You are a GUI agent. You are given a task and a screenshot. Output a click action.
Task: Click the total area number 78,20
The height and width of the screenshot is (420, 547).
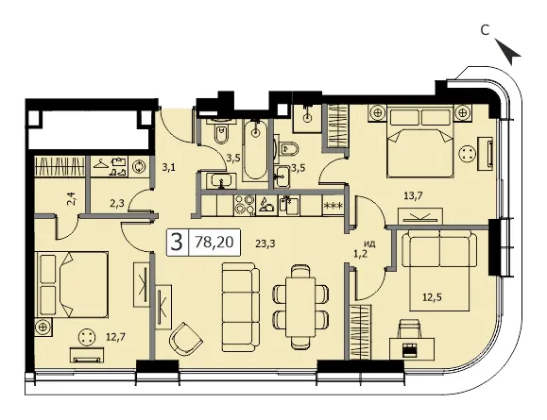pos(214,242)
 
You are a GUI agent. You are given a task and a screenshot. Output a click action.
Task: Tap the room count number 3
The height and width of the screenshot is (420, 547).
pos(178,243)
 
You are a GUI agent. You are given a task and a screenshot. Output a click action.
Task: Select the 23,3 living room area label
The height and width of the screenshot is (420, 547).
pos(265,244)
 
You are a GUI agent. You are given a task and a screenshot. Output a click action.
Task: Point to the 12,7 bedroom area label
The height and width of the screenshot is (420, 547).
pos(116,337)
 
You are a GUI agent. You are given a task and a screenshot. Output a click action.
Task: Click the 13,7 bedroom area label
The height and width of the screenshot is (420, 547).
pos(413,196)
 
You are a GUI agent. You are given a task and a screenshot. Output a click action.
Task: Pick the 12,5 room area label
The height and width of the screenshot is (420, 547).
pos(432,297)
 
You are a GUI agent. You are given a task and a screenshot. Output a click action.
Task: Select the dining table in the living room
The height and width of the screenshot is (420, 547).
pos(300,307)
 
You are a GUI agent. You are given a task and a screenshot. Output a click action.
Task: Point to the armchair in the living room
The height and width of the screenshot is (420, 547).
pos(185,339)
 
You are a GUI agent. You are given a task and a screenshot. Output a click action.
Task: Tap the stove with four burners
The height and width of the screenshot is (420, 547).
pos(244,205)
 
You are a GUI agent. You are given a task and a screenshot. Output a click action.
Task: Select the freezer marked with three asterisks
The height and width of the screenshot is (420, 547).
pos(333,206)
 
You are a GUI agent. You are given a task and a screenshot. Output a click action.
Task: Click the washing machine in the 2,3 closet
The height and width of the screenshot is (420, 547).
pos(140,166)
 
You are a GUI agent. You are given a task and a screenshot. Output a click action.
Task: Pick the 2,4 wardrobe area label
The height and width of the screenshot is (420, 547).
pos(74,201)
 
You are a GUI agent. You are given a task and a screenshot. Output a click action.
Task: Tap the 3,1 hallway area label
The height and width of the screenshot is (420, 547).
pos(168,168)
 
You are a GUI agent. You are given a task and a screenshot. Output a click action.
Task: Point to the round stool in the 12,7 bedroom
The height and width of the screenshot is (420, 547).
pos(86,337)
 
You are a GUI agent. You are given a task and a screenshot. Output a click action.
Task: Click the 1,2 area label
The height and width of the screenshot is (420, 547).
pos(361,255)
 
